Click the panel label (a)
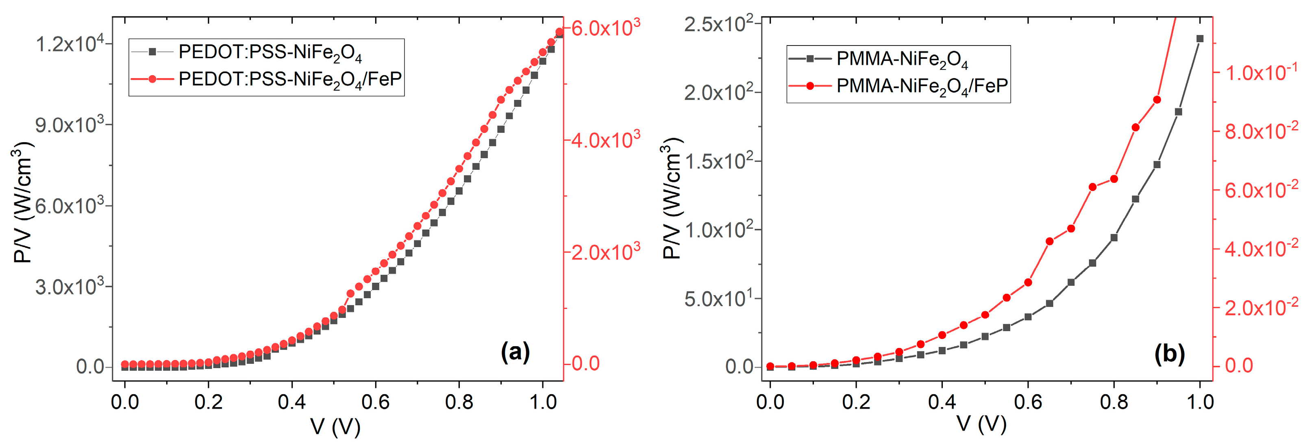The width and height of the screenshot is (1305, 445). (x=515, y=352)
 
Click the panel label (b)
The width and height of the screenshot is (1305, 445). (x=1169, y=353)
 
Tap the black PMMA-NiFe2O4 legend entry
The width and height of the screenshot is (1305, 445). (x=902, y=59)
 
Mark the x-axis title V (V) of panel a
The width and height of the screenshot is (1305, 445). (x=335, y=427)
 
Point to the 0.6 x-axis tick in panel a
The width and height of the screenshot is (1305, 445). (x=375, y=402)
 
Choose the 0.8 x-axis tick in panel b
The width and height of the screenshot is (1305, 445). (x=1114, y=402)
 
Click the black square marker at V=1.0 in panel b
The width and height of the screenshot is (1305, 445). (x=1200, y=39)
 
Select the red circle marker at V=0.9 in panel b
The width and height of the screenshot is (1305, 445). (x=1157, y=100)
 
